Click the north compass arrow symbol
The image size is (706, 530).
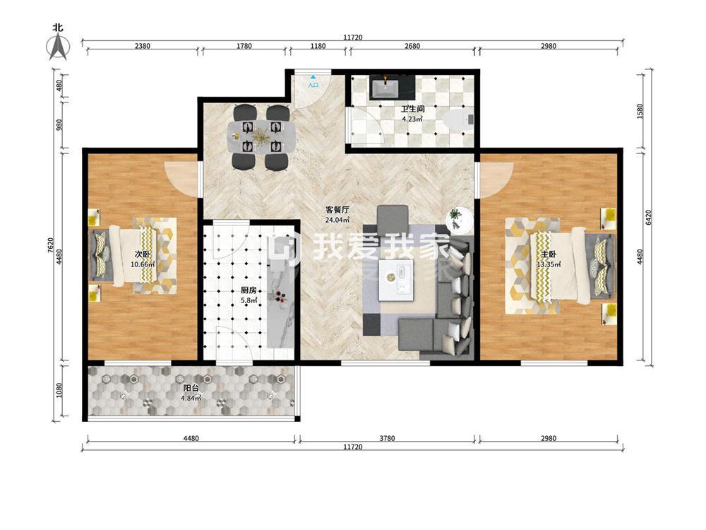(58, 47)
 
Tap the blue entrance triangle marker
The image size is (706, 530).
(313, 78)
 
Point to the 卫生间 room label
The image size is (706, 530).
(412, 109)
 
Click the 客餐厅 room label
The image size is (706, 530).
(337, 210)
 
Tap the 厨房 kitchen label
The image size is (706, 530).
(249, 290)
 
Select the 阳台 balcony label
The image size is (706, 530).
(191, 388)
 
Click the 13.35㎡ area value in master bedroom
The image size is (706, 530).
(549, 264)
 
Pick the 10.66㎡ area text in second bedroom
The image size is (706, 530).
(143, 264)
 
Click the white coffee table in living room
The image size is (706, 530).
(396, 279)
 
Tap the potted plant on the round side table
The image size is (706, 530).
(456, 216)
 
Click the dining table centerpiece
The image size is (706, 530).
(261, 135)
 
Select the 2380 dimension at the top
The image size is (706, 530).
(143, 46)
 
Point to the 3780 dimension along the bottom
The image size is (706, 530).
(387, 438)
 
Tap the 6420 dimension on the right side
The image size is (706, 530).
(649, 217)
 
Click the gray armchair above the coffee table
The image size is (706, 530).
(393, 218)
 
